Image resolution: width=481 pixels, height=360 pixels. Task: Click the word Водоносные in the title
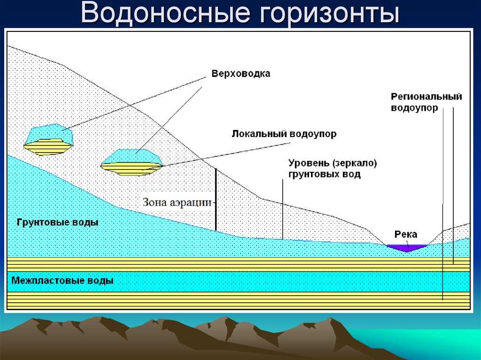pos(165,13)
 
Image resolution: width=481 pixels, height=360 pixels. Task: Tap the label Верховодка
pos(241,74)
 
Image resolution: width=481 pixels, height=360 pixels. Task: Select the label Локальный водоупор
pos(284,134)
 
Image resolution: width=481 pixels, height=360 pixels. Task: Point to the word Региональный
pos(427,97)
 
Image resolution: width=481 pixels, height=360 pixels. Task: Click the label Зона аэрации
pos(177,202)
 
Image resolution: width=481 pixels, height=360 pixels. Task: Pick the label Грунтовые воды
pos(58,222)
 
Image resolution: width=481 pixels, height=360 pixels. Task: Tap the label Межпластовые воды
pos(62,281)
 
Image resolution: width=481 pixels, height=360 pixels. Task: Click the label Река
pos(405,235)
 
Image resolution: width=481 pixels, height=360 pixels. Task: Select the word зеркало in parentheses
pos(355,163)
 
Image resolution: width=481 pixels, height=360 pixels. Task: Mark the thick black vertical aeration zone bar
pos(216,199)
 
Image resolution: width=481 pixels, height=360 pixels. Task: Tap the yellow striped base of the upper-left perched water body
pos(48,147)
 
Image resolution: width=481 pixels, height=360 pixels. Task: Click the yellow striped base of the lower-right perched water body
pos(132,169)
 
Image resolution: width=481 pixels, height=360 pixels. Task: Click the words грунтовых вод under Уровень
pos(325,175)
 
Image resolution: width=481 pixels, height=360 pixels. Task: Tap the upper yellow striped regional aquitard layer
pos(238,264)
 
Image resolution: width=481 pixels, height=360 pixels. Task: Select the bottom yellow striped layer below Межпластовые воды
pos(238,300)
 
